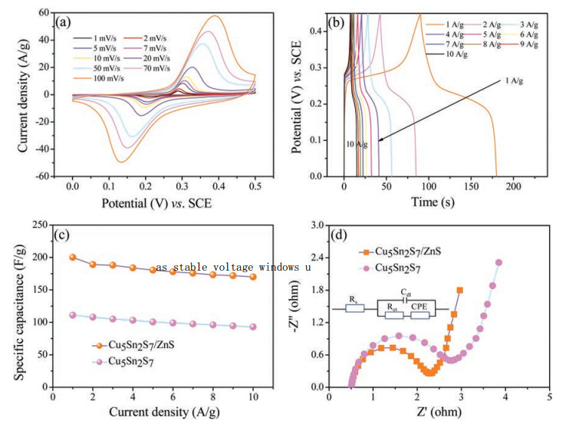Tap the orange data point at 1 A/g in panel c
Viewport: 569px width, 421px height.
73,258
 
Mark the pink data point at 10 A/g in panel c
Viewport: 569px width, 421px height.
253,327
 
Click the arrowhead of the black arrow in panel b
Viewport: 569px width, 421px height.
380,139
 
